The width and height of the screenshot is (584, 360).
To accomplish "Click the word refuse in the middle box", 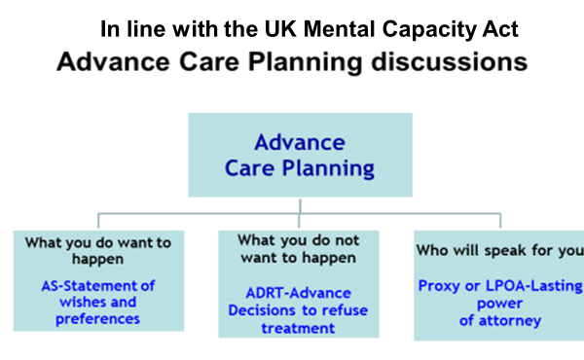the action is pyautogui.click(x=321, y=311).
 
